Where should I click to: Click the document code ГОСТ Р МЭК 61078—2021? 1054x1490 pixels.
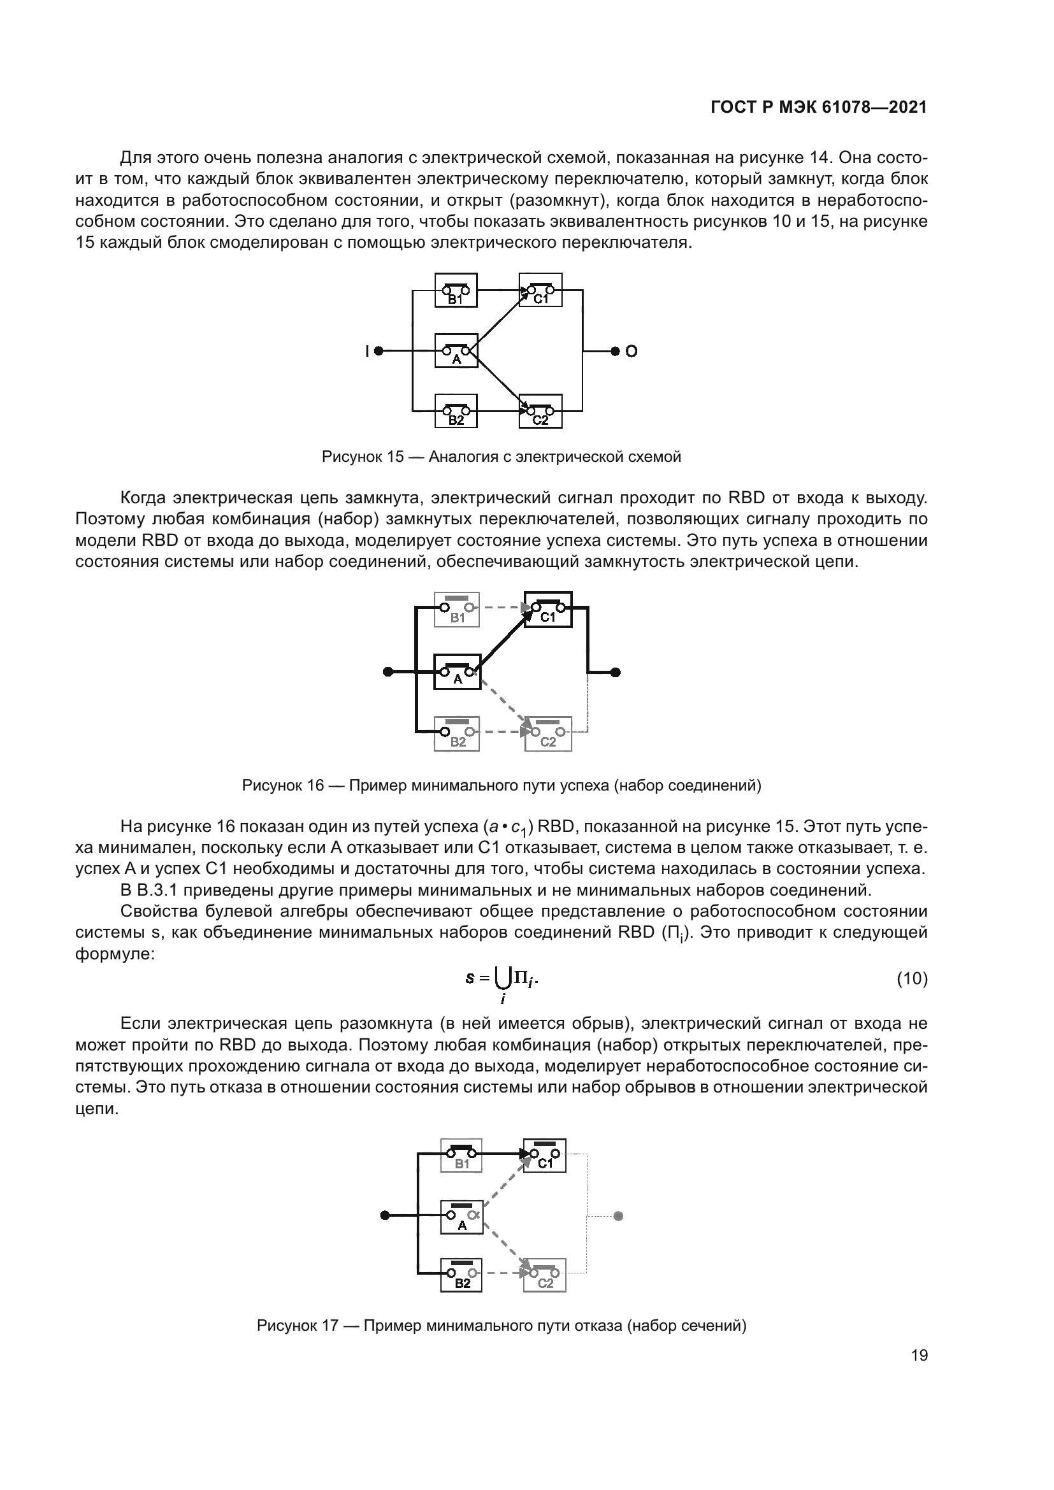[x=818, y=108]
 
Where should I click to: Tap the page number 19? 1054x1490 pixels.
[x=919, y=1356]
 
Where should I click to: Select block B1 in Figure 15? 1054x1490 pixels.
[x=456, y=290]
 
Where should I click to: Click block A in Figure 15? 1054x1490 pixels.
[x=456, y=350]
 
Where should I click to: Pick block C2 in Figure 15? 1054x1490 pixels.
[x=540, y=412]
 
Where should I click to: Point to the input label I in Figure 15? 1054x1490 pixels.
[x=366, y=351]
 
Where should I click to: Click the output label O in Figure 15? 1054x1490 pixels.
[x=632, y=351]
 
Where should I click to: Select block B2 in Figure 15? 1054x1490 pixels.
[x=456, y=412]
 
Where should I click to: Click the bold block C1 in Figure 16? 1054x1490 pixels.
[x=549, y=610]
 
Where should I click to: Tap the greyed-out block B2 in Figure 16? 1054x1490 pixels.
[x=457, y=734]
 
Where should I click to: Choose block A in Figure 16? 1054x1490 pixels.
[x=457, y=671]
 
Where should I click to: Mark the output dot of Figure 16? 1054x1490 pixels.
[x=616, y=672]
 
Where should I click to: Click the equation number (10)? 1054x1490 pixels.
[x=912, y=978]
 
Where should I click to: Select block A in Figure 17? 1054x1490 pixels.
[x=462, y=1217]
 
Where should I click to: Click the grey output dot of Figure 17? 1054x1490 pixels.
[x=618, y=1216]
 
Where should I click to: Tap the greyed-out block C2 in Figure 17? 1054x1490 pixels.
[x=544, y=1275]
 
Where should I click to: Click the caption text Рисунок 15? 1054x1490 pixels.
[x=363, y=457]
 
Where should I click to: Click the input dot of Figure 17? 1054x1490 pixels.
[x=385, y=1215]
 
